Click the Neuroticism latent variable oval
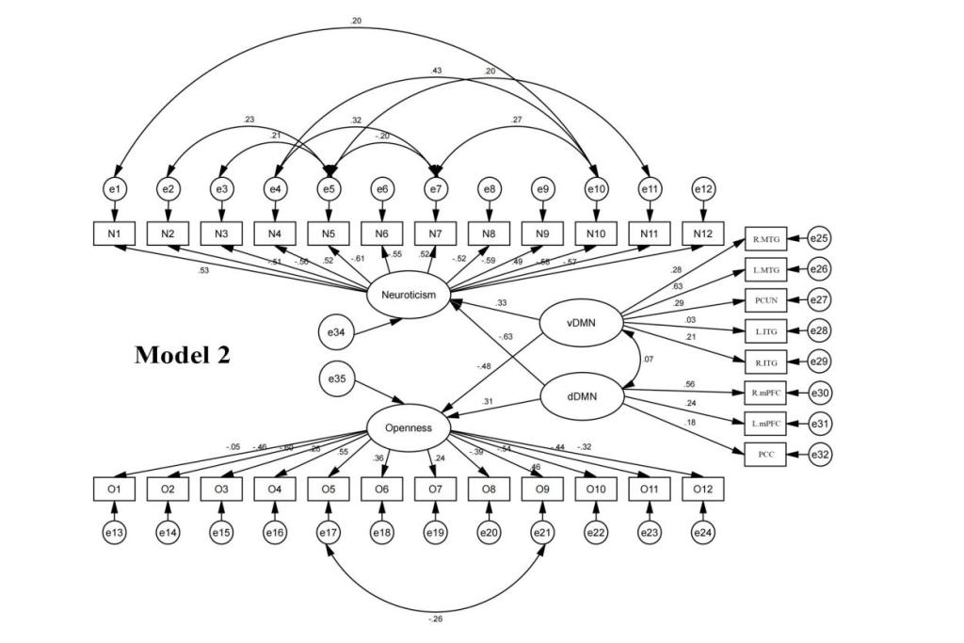[x=409, y=295]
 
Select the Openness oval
[x=409, y=427]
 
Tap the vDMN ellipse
[x=582, y=326]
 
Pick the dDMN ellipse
[x=582, y=400]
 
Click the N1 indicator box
[x=115, y=232]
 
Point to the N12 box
[x=702, y=232]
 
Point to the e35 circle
[x=337, y=378]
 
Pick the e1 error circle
[x=115, y=189]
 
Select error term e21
[x=542, y=532]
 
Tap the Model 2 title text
[x=183, y=355]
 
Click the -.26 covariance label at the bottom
[x=435, y=619]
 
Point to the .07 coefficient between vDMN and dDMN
[x=647, y=360]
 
